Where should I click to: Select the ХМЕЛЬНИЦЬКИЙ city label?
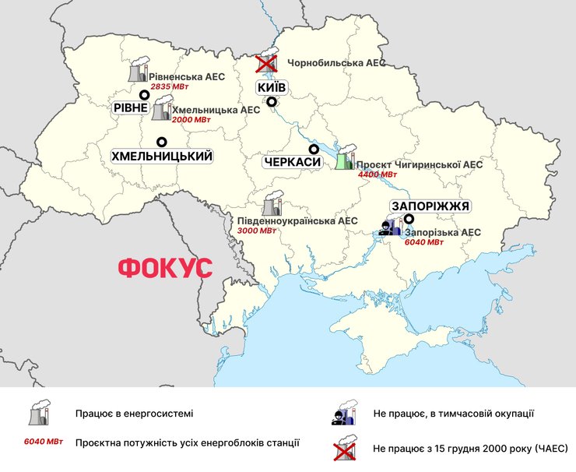pyautogui.click(x=162, y=157)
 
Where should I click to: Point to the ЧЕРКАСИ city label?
pyautogui.click(x=293, y=163)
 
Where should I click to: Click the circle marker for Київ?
pyautogui.click(x=272, y=102)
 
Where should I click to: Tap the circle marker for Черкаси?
pyautogui.click(x=314, y=149)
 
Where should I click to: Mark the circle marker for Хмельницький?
pyautogui.click(x=162, y=142)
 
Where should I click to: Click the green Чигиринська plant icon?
pyautogui.click(x=344, y=158)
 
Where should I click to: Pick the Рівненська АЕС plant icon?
pyautogui.click(x=137, y=72)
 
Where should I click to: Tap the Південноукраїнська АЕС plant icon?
pyautogui.click(x=272, y=205)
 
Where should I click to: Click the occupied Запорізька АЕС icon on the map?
pyautogui.click(x=390, y=227)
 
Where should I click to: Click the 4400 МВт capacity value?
pyautogui.click(x=378, y=175)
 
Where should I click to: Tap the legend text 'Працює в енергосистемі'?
pyautogui.click(x=134, y=414)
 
